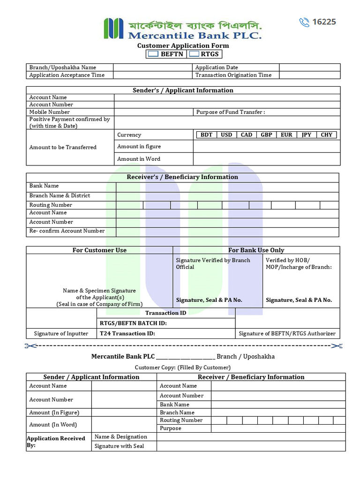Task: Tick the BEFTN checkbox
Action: tap(153, 54)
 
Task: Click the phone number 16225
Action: tap(324, 22)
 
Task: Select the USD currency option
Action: tap(226, 135)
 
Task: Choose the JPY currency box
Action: tap(306, 135)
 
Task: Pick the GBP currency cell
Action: tap(266, 135)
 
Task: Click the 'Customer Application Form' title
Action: tap(183, 45)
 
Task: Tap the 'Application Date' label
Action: tap(217, 67)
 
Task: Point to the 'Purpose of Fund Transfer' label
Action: tap(231, 112)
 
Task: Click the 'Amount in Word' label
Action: tap(139, 159)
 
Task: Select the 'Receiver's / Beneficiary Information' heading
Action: tap(182, 177)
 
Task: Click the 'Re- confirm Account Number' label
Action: tap(67, 231)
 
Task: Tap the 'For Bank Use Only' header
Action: tap(256, 250)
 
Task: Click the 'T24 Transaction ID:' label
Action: tap(127, 334)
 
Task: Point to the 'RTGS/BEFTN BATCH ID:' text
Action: tap(133, 323)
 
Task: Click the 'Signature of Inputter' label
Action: tap(61, 334)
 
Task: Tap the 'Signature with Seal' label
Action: tap(119, 446)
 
